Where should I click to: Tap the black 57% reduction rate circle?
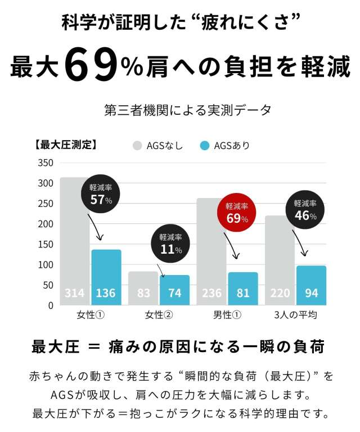click(101, 193)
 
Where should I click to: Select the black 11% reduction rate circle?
click(171, 244)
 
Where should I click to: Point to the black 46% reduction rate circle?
click(305, 210)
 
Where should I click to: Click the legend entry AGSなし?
click(158, 146)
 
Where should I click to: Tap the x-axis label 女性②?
click(159, 314)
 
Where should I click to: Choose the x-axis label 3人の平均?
click(296, 314)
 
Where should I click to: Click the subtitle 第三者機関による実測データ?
click(180, 109)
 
